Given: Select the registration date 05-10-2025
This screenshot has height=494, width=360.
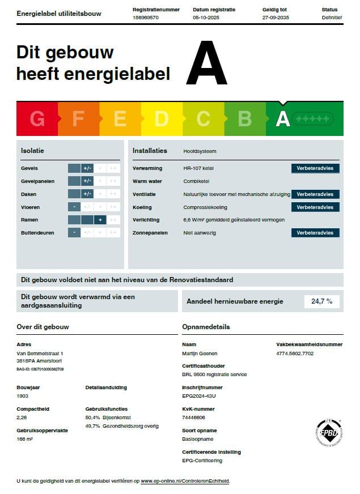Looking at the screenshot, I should tap(206, 18).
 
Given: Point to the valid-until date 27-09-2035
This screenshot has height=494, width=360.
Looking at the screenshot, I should tap(276, 18).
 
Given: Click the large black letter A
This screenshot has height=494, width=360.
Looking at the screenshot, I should tap(206, 65).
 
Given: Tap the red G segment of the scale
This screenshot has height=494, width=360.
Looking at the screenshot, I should tap(37, 119).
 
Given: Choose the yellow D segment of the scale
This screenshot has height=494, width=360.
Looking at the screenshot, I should tap(162, 119).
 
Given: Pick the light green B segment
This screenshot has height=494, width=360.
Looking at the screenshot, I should tap(245, 119).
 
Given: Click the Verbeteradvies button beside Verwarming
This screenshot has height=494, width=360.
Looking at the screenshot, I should tap(315, 168).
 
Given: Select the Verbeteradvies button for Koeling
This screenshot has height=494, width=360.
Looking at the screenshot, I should tap(315, 207).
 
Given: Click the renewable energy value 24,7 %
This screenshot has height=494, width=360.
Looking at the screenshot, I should tap(321, 301).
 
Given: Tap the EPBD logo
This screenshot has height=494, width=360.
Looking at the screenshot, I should tap(329, 433).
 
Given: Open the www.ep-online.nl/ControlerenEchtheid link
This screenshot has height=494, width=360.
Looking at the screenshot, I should tap(185, 481).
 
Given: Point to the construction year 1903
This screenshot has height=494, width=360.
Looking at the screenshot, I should tap(23, 396).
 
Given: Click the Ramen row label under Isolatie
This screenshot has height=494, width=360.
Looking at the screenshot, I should tap(29, 220).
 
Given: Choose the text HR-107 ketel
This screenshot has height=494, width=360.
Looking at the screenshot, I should tap(198, 168).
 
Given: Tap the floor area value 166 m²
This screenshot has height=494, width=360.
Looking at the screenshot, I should tap(25, 438).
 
